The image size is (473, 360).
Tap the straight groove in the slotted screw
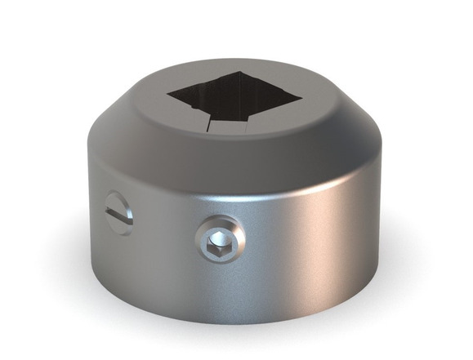tap(118, 215)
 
